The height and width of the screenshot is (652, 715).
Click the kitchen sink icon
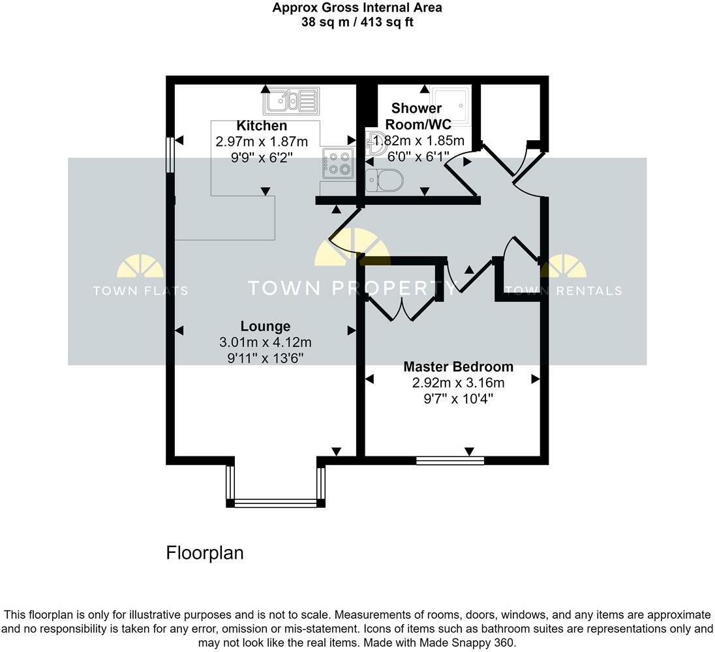291,101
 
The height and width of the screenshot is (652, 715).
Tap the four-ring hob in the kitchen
337,162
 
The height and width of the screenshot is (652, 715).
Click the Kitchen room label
262,126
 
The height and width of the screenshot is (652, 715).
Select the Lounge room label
266,326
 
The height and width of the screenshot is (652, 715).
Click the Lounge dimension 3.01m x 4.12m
266,342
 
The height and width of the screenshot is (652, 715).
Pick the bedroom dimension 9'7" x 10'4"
458,398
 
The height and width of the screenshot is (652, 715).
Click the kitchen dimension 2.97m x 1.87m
262,141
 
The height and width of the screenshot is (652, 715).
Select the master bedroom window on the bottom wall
450,461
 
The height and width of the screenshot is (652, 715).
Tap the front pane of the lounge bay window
275,503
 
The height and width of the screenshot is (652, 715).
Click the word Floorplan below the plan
205,553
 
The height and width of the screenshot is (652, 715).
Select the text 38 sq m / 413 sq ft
357,22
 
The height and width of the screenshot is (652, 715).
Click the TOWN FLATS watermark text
140,291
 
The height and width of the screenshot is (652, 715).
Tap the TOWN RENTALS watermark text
563,291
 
